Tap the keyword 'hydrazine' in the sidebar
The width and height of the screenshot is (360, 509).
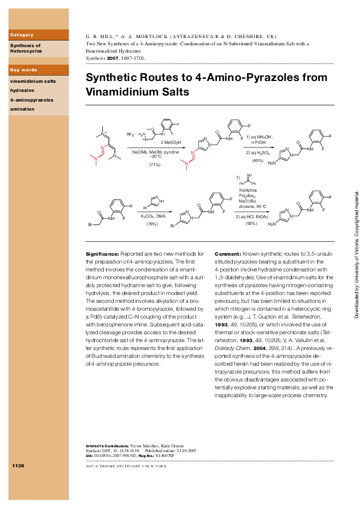(22, 89)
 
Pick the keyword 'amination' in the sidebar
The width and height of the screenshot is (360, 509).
(22, 109)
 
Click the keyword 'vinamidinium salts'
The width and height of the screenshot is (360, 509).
(33, 79)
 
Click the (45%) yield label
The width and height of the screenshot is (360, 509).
(257, 161)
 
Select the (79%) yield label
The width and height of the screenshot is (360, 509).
(152, 224)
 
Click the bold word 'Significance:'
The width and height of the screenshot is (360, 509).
(103, 253)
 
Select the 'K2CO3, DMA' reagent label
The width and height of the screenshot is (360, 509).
(152, 215)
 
